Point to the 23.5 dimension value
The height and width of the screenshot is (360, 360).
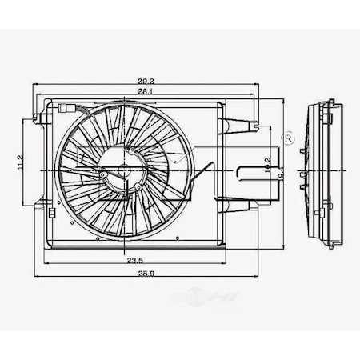pyautogui.click(x=134, y=261)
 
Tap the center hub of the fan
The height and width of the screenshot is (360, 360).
pyautogui.click(x=124, y=170)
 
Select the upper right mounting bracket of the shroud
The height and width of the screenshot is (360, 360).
pyautogui.click(x=240, y=125)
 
